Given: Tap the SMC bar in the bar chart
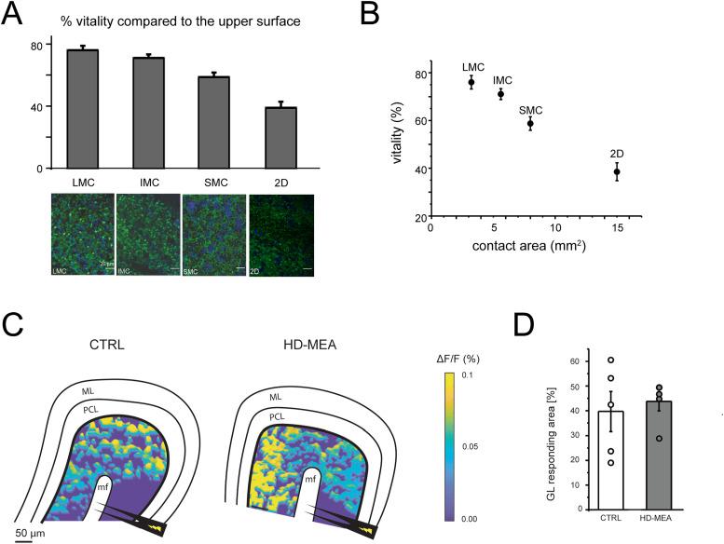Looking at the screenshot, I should [x=214, y=122].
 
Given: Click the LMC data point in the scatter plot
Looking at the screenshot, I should [x=471, y=82].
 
